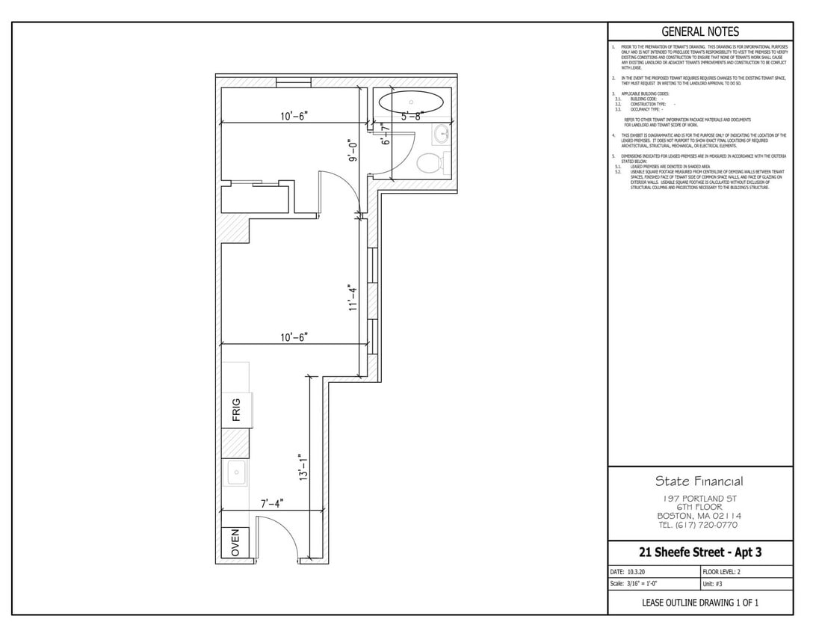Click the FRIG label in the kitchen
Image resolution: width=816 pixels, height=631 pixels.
pyautogui.click(x=236, y=410)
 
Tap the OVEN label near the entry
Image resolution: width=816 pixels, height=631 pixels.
pyautogui.click(x=236, y=543)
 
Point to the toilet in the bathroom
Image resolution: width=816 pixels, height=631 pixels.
pyautogui.click(x=432, y=162)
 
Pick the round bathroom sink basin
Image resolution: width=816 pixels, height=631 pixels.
pyautogui.click(x=441, y=135)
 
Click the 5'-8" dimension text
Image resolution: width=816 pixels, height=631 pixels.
pyautogui.click(x=412, y=117)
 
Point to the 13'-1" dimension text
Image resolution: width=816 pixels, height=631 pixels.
pyautogui.click(x=303, y=467)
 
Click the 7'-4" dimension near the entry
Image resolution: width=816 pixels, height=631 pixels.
pyautogui.click(x=272, y=504)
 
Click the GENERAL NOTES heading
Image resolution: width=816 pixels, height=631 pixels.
pyautogui.click(x=700, y=31)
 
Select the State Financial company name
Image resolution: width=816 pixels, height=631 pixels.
pyautogui.click(x=699, y=481)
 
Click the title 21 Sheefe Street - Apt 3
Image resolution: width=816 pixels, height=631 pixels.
pyautogui.click(x=699, y=552)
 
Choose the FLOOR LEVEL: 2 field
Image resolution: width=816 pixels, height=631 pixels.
pyautogui.click(x=722, y=572)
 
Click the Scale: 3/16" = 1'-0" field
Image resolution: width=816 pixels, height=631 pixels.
pyautogui.click(x=634, y=584)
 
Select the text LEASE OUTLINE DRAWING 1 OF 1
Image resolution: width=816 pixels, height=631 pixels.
pyautogui.click(x=699, y=603)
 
